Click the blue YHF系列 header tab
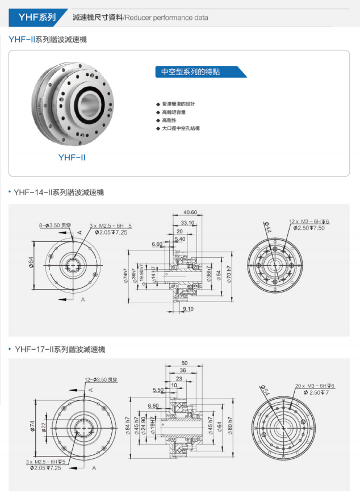(37, 18)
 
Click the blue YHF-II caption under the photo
(72, 157)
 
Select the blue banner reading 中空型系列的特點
(199, 72)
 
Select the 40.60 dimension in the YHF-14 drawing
(190, 212)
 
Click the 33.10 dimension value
(188, 223)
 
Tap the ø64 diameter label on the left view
(31, 264)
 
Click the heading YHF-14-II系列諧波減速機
(59, 193)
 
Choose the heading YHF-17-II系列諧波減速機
(60, 349)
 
